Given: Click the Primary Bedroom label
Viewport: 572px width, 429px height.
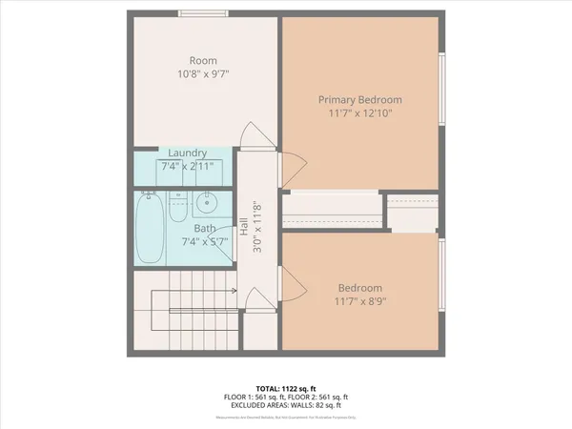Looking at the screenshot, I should click(x=359, y=99).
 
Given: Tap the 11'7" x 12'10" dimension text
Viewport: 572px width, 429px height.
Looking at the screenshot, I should click(x=359, y=112).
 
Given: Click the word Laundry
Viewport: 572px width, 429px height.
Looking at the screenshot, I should click(x=187, y=153).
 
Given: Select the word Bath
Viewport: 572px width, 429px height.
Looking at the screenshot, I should click(x=205, y=229).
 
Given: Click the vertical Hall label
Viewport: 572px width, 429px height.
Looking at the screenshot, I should click(x=244, y=228).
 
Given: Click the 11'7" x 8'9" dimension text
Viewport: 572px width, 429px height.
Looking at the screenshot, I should click(x=359, y=302).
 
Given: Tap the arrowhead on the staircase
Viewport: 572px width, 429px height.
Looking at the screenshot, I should click(x=233, y=292).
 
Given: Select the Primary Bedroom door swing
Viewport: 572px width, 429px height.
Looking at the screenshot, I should click(x=291, y=170).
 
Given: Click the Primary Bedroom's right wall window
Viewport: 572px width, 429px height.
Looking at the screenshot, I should click(x=441, y=89).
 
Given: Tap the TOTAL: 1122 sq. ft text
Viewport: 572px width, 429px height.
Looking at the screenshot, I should click(x=285, y=389).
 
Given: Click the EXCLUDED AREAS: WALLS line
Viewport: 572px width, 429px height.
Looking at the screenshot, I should click(x=285, y=406).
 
